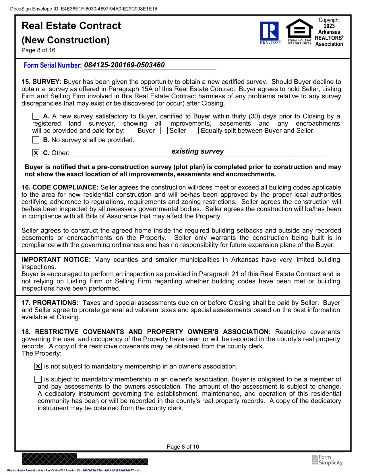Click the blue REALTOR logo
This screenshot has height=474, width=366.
tap(270, 32)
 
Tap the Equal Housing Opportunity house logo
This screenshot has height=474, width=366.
tap(299, 30)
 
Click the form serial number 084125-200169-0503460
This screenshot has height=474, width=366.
tap(125, 65)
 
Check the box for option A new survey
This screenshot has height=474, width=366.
tap(36, 116)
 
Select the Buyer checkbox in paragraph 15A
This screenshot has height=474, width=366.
tap(131, 131)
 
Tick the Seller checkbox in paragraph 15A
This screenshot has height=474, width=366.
tap(164, 131)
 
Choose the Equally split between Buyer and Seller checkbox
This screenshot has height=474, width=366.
tap(195, 131)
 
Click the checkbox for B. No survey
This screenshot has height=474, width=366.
tap(36, 140)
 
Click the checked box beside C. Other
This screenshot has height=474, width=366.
tap(36, 153)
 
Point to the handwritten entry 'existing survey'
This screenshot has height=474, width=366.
tap(197, 151)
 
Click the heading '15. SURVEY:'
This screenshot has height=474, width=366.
tap(42, 82)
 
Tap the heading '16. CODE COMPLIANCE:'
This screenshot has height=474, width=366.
tap(60, 188)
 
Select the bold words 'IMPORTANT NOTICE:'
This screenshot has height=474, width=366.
tap(56, 260)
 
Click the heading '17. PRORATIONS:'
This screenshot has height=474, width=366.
tap(50, 303)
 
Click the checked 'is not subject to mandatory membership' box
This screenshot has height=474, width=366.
tap(38, 366)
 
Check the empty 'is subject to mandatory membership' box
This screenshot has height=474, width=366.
tap(38, 379)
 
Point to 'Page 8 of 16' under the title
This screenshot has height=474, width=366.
tap(38, 50)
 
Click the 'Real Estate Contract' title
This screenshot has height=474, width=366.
tap(71, 26)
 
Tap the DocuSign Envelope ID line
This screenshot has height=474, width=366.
tap(84, 9)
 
